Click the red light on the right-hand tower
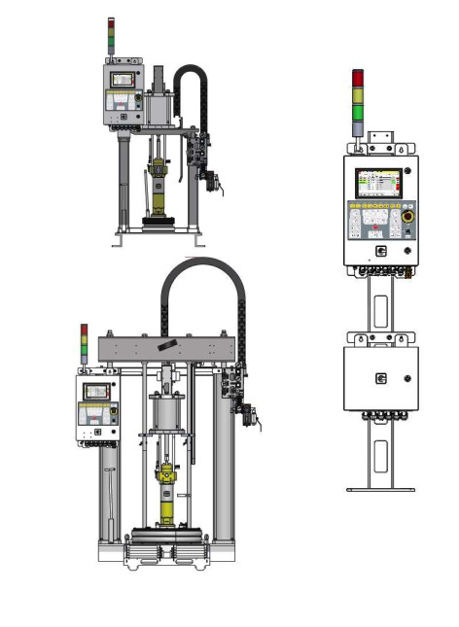(x=358, y=78)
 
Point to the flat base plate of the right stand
(x=381, y=489)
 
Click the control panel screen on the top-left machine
(x=123, y=79)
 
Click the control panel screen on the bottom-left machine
(x=95, y=391)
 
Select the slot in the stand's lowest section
(x=381, y=455)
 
